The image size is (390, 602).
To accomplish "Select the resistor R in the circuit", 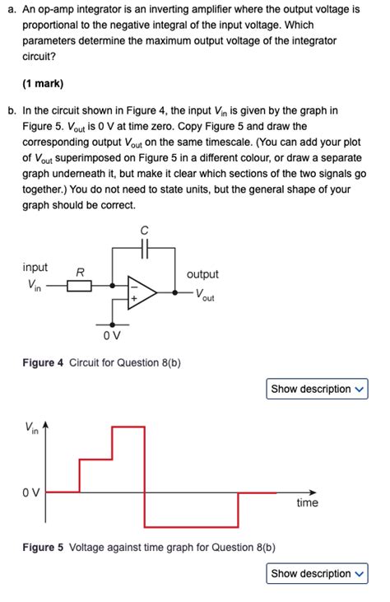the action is [x=80, y=287].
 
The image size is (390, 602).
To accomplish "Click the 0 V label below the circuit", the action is [x=112, y=336].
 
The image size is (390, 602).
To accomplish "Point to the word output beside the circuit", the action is [x=202, y=274].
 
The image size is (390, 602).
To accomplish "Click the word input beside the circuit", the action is [x=35, y=268].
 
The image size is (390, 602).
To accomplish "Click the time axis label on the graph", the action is [x=307, y=502].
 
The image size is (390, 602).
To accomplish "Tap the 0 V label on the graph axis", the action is [x=30, y=492].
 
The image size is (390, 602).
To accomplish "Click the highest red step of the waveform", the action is [x=128, y=427].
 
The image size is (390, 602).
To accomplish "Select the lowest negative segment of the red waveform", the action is [x=191, y=527].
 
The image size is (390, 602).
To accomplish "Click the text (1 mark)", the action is [x=43, y=84].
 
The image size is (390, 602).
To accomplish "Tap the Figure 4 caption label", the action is [x=43, y=362].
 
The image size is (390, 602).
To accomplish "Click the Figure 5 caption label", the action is [x=43, y=547].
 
